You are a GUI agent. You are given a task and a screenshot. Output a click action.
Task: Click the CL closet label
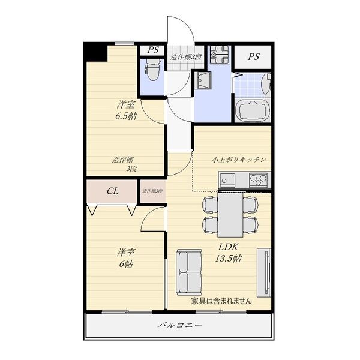click(112, 192)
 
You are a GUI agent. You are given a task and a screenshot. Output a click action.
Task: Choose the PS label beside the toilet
click(152, 50)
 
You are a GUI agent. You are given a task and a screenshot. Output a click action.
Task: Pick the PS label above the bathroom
click(253, 57)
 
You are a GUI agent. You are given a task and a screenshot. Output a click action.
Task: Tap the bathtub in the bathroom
click(253, 111)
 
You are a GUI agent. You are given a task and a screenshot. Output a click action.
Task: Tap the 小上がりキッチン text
click(238, 160)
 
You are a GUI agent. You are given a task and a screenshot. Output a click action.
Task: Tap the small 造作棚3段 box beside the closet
click(153, 191)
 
